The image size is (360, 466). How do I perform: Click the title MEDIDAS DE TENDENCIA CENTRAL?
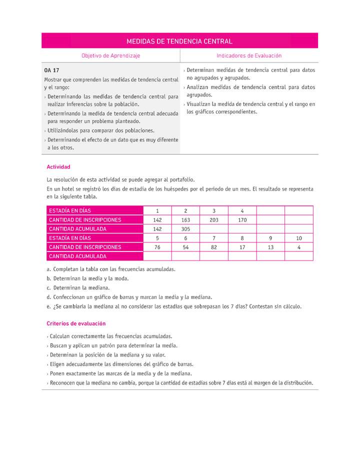tap(179, 41)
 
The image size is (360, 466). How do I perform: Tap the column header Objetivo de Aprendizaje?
tap(110, 56)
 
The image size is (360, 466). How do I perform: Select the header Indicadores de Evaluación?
tap(249, 56)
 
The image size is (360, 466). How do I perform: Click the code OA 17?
tap(51, 70)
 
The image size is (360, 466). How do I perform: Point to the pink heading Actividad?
tap(58, 167)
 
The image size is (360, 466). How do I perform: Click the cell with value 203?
tap(214, 220)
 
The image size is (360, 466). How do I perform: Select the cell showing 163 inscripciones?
tap(185, 220)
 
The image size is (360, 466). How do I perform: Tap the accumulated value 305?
tap(185, 229)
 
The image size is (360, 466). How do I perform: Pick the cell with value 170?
tap(242, 220)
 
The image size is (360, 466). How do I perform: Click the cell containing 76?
tap(157, 247)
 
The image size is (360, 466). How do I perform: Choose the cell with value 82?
tap(214, 247)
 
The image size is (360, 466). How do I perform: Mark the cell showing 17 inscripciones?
tap(242, 247)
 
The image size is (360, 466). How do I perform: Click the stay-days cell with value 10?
tap(299, 238)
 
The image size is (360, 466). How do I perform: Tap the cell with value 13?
tap(270, 247)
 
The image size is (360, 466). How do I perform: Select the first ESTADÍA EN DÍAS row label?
tap(70, 211)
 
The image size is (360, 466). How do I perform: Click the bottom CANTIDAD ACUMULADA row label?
tap(77, 256)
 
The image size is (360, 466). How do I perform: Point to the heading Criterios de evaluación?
tap(75, 323)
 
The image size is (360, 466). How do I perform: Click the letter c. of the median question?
tap(48, 288)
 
